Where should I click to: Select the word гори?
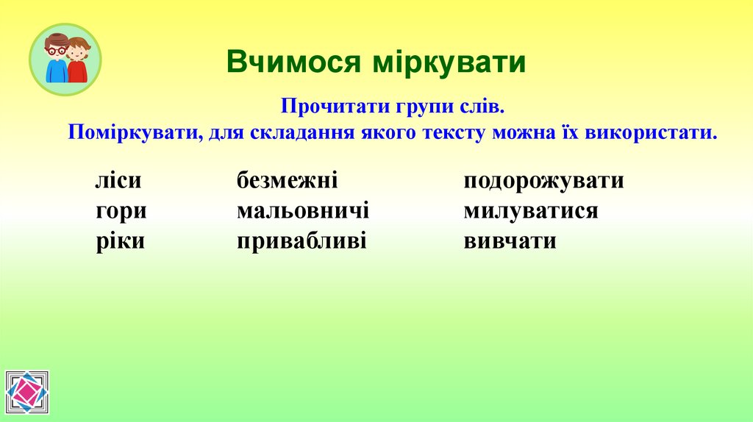(121, 212)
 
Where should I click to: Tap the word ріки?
(120, 241)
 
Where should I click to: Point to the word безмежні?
(287, 181)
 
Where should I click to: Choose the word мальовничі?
(302, 211)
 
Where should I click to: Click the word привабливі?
(301, 241)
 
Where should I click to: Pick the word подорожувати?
(543, 181)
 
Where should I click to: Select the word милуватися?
(530, 211)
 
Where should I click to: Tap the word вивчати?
(510, 241)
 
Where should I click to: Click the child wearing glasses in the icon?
(56, 59)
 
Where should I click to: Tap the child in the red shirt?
(77, 62)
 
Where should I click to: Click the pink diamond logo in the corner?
(26, 393)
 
